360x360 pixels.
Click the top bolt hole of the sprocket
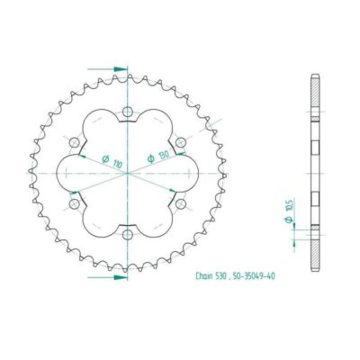(127, 112)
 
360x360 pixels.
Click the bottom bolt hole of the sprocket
(127, 235)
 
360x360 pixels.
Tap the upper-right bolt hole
(180, 142)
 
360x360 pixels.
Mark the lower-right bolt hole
(180, 204)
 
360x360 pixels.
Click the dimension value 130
(164, 149)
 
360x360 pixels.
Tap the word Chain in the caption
(206, 277)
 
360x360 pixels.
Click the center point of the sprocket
(127, 174)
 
